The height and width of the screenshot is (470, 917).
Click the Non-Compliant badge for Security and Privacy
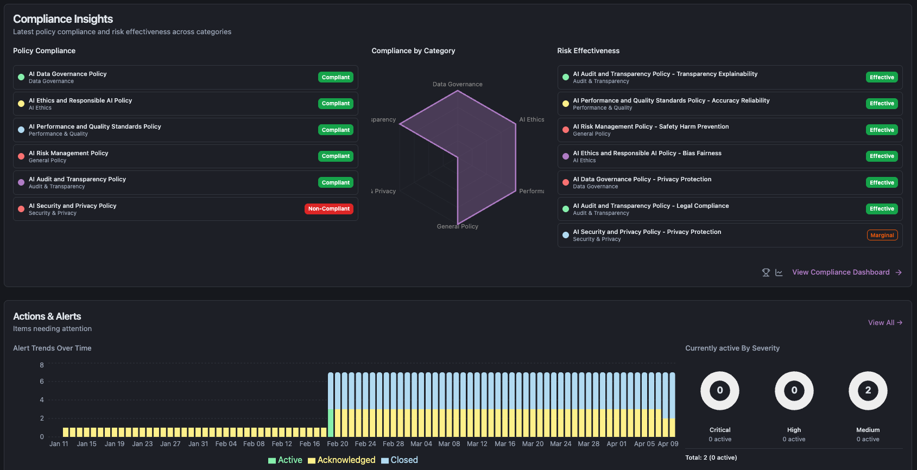tap(328, 209)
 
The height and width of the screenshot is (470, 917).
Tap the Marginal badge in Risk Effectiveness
tap(882, 236)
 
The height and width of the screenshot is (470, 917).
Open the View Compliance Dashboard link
tap(840, 272)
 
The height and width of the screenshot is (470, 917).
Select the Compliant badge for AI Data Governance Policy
tap(336, 78)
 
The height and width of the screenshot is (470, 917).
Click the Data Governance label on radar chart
tap(457, 84)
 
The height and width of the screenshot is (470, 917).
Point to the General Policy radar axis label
tap(457, 226)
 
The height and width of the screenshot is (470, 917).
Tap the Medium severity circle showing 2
tap(868, 391)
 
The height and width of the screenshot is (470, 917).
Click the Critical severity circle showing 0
tap(719, 391)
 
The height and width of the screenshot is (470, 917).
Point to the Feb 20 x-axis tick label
tap(337, 444)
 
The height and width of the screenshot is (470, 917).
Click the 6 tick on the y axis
tap(42, 382)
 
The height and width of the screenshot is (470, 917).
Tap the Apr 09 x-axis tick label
tap(668, 444)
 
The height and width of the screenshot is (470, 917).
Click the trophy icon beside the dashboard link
tap(766, 272)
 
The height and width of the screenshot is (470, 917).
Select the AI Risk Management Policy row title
tap(68, 153)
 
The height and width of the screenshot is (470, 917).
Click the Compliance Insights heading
tap(63, 19)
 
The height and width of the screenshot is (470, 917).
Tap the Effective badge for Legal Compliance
tap(882, 209)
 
